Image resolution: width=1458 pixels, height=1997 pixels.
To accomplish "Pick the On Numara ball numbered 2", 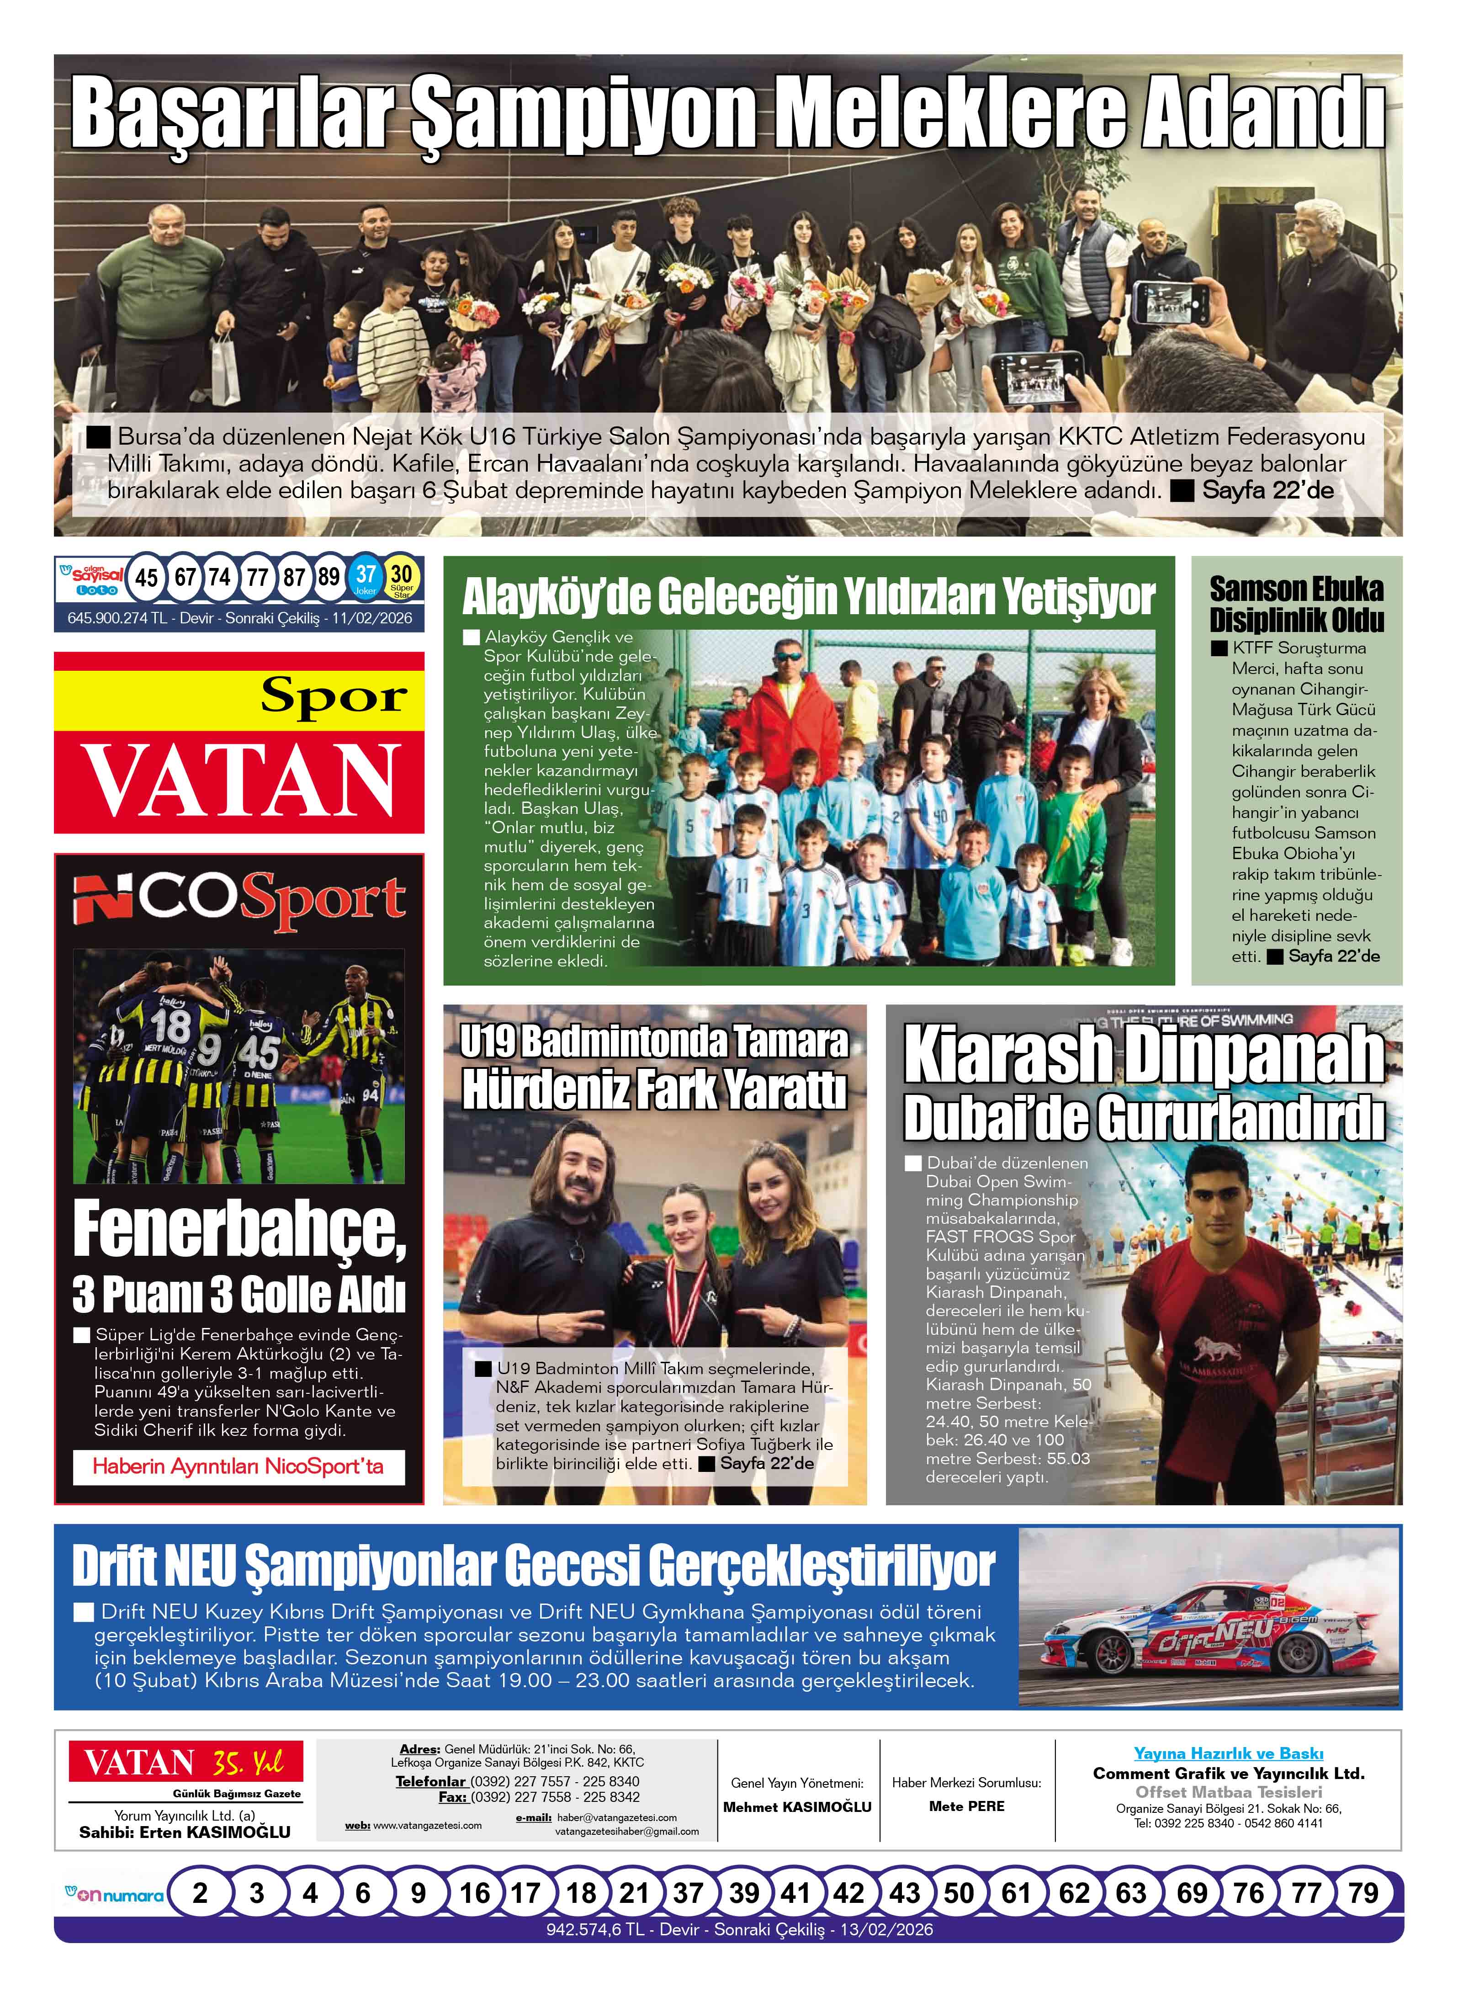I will [x=200, y=1893].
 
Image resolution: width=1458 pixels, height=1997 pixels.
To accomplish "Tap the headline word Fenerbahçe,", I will [x=239, y=1230].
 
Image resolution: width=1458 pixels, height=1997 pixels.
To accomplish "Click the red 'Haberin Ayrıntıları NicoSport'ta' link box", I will [x=239, y=1466].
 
